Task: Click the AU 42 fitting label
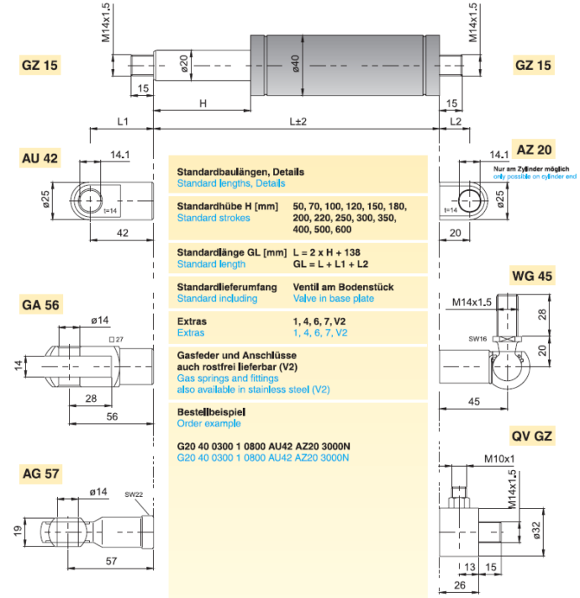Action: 40,158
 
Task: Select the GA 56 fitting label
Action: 41,304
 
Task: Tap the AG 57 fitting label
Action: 41,474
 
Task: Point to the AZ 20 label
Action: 534,150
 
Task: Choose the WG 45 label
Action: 532,276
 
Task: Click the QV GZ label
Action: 532,436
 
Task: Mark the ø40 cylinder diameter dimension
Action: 296,64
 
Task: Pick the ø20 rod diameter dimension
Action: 184,64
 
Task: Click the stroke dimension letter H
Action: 203,103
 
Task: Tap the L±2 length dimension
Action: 298,122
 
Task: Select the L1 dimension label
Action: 123,122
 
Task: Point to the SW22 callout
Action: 134,495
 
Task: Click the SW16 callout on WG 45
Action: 478,339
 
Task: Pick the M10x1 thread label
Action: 499,458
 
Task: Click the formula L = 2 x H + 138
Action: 327,252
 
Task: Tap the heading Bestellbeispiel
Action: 211,412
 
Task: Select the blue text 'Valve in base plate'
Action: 334,299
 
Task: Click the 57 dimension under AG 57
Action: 111,561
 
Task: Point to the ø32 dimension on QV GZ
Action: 536,530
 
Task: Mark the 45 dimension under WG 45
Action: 474,401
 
